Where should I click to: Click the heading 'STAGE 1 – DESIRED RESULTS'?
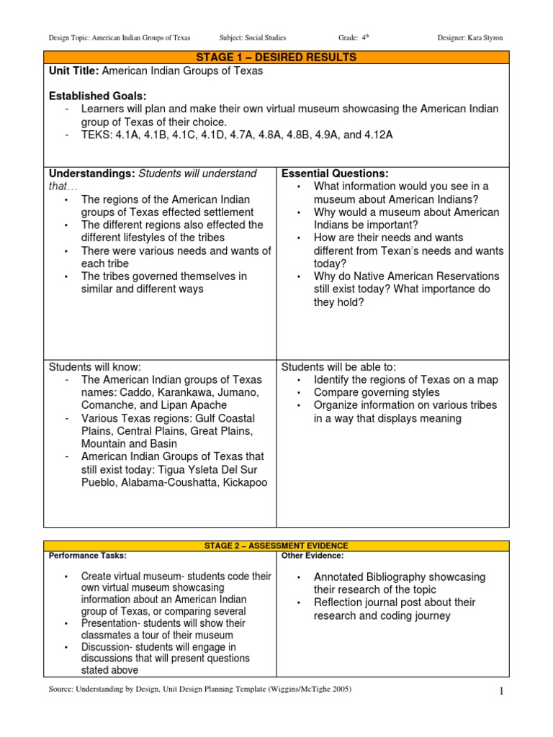(276, 58)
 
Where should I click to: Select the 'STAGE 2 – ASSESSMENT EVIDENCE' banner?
(276, 546)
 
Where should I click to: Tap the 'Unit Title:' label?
(73, 71)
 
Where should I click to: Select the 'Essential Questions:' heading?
(335, 173)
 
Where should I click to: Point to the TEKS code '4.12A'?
(377, 135)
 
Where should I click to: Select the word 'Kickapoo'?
(244, 482)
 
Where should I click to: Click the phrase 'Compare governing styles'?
(377, 392)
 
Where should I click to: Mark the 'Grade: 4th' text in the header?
(354, 37)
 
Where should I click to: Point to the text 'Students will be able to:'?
(338, 366)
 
